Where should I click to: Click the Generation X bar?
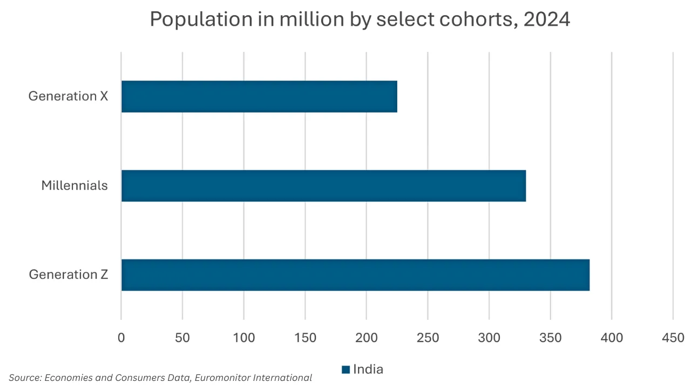259,97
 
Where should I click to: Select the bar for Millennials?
323,186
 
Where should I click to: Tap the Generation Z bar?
355,275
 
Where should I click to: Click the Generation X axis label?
68,96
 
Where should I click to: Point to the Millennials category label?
74,186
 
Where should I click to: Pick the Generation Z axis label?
69,275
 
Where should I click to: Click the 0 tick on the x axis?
121,338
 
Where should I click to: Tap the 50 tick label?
182,338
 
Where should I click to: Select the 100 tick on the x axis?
243,338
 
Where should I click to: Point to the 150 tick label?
305,338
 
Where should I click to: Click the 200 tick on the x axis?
367,338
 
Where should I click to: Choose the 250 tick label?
428,338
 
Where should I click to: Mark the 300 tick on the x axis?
489,338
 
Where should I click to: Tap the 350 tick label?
550,338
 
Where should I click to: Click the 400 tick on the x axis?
612,338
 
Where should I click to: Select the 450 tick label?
673,338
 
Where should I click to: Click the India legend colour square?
345,370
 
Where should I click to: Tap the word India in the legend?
368,370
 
